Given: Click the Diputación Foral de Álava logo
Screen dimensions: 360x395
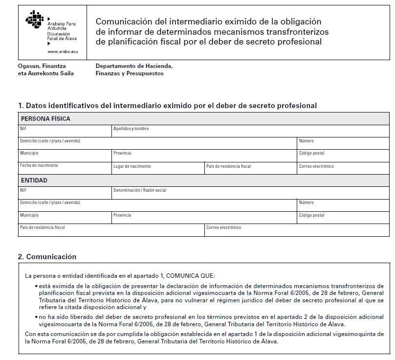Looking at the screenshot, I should pos(35,21).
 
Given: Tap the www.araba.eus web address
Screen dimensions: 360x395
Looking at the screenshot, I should pos(63,51).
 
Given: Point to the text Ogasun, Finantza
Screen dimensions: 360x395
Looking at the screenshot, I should pos(42,66).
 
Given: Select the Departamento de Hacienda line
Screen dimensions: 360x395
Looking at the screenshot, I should pos(134,66).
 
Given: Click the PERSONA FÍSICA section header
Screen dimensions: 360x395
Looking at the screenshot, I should pos(45,119).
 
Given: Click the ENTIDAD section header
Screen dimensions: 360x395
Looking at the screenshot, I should pos(34,180).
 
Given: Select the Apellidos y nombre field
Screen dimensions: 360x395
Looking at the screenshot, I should pos(204,132).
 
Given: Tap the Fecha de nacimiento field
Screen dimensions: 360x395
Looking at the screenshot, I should pos(65,169).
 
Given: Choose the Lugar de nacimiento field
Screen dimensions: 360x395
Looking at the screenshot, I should pos(158,169).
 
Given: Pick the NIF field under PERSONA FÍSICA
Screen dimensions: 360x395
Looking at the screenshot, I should pos(65,132).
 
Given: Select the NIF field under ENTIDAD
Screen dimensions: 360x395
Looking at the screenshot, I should pos(65,193).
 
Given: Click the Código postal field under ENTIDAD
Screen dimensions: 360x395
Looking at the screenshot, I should pos(343,218).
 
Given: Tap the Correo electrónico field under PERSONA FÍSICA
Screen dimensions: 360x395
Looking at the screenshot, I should pos(343,169).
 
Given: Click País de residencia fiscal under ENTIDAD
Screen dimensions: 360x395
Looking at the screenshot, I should pos(111,230).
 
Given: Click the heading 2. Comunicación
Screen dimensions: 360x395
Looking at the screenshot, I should pos(47,257).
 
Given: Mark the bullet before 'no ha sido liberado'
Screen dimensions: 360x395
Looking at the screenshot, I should pos(36,317).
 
